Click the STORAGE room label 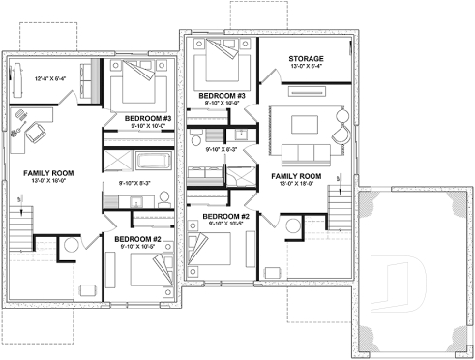tap(306, 59)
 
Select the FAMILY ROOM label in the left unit tap(44, 172)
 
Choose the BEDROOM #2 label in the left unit tap(138, 237)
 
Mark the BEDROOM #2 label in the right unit tap(222, 216)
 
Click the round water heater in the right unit tap(293, 226)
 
